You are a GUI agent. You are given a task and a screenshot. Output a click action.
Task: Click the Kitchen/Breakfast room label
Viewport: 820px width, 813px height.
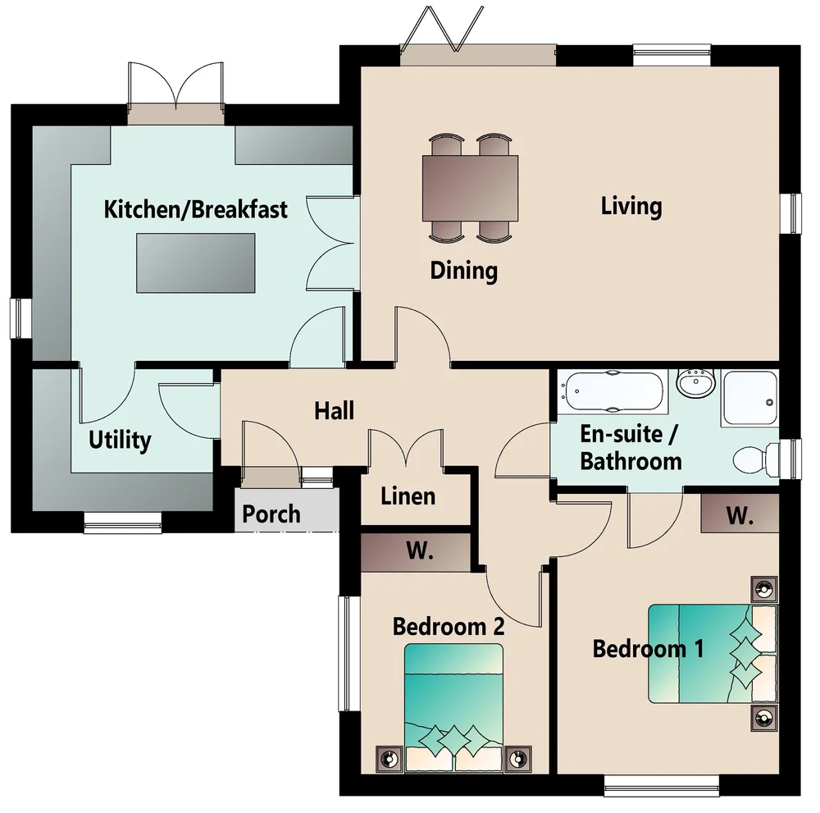click(x=196, y=210)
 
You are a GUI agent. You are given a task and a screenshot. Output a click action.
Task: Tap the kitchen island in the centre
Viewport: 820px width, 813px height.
click(x=196, y=263)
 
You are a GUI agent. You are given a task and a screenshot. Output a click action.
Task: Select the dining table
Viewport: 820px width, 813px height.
click(x=470, y=188)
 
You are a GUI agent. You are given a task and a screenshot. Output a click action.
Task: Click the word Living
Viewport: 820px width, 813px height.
click(x=631, y=206)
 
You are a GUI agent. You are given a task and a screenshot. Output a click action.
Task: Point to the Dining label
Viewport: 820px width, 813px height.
click(x=464, y=271)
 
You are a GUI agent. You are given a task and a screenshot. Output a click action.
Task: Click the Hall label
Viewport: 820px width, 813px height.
click(x=335, y=411)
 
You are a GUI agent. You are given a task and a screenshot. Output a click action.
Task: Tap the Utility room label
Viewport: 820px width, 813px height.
click(x=120, y=440)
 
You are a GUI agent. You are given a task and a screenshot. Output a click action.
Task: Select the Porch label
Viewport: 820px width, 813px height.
click(x=271, y=514)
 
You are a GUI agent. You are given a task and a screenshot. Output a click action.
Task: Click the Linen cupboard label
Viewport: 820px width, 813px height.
click(x=408, y=496)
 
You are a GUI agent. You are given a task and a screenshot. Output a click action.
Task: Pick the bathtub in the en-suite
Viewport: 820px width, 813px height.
click(x=613, y=392)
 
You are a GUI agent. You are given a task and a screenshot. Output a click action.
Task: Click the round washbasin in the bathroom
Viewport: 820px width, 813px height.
click(x=696, y=382)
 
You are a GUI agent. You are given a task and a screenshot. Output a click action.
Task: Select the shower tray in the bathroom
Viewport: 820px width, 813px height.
click(x=749, y=398)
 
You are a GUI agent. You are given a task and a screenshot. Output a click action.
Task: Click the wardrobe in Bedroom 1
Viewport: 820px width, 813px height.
click(x=740, y=514)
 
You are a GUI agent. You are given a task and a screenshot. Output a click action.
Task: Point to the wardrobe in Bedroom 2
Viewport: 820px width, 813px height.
click(x=417, y=552)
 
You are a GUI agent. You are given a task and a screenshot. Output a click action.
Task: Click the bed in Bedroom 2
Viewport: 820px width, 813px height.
click(x=454, y=707)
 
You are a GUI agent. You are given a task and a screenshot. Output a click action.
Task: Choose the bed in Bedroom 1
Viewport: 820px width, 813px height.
click(x=713, y=653)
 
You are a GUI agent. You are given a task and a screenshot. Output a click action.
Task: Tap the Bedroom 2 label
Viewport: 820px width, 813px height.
click(x=449, y=626)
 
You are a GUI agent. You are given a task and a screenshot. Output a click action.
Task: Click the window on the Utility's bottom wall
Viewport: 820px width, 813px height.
click(x=123, y=522)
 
